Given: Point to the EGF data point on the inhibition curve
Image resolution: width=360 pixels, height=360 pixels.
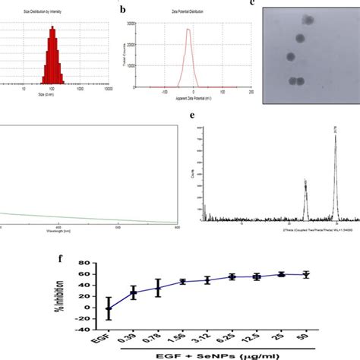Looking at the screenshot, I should click(x=108, y=309).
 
